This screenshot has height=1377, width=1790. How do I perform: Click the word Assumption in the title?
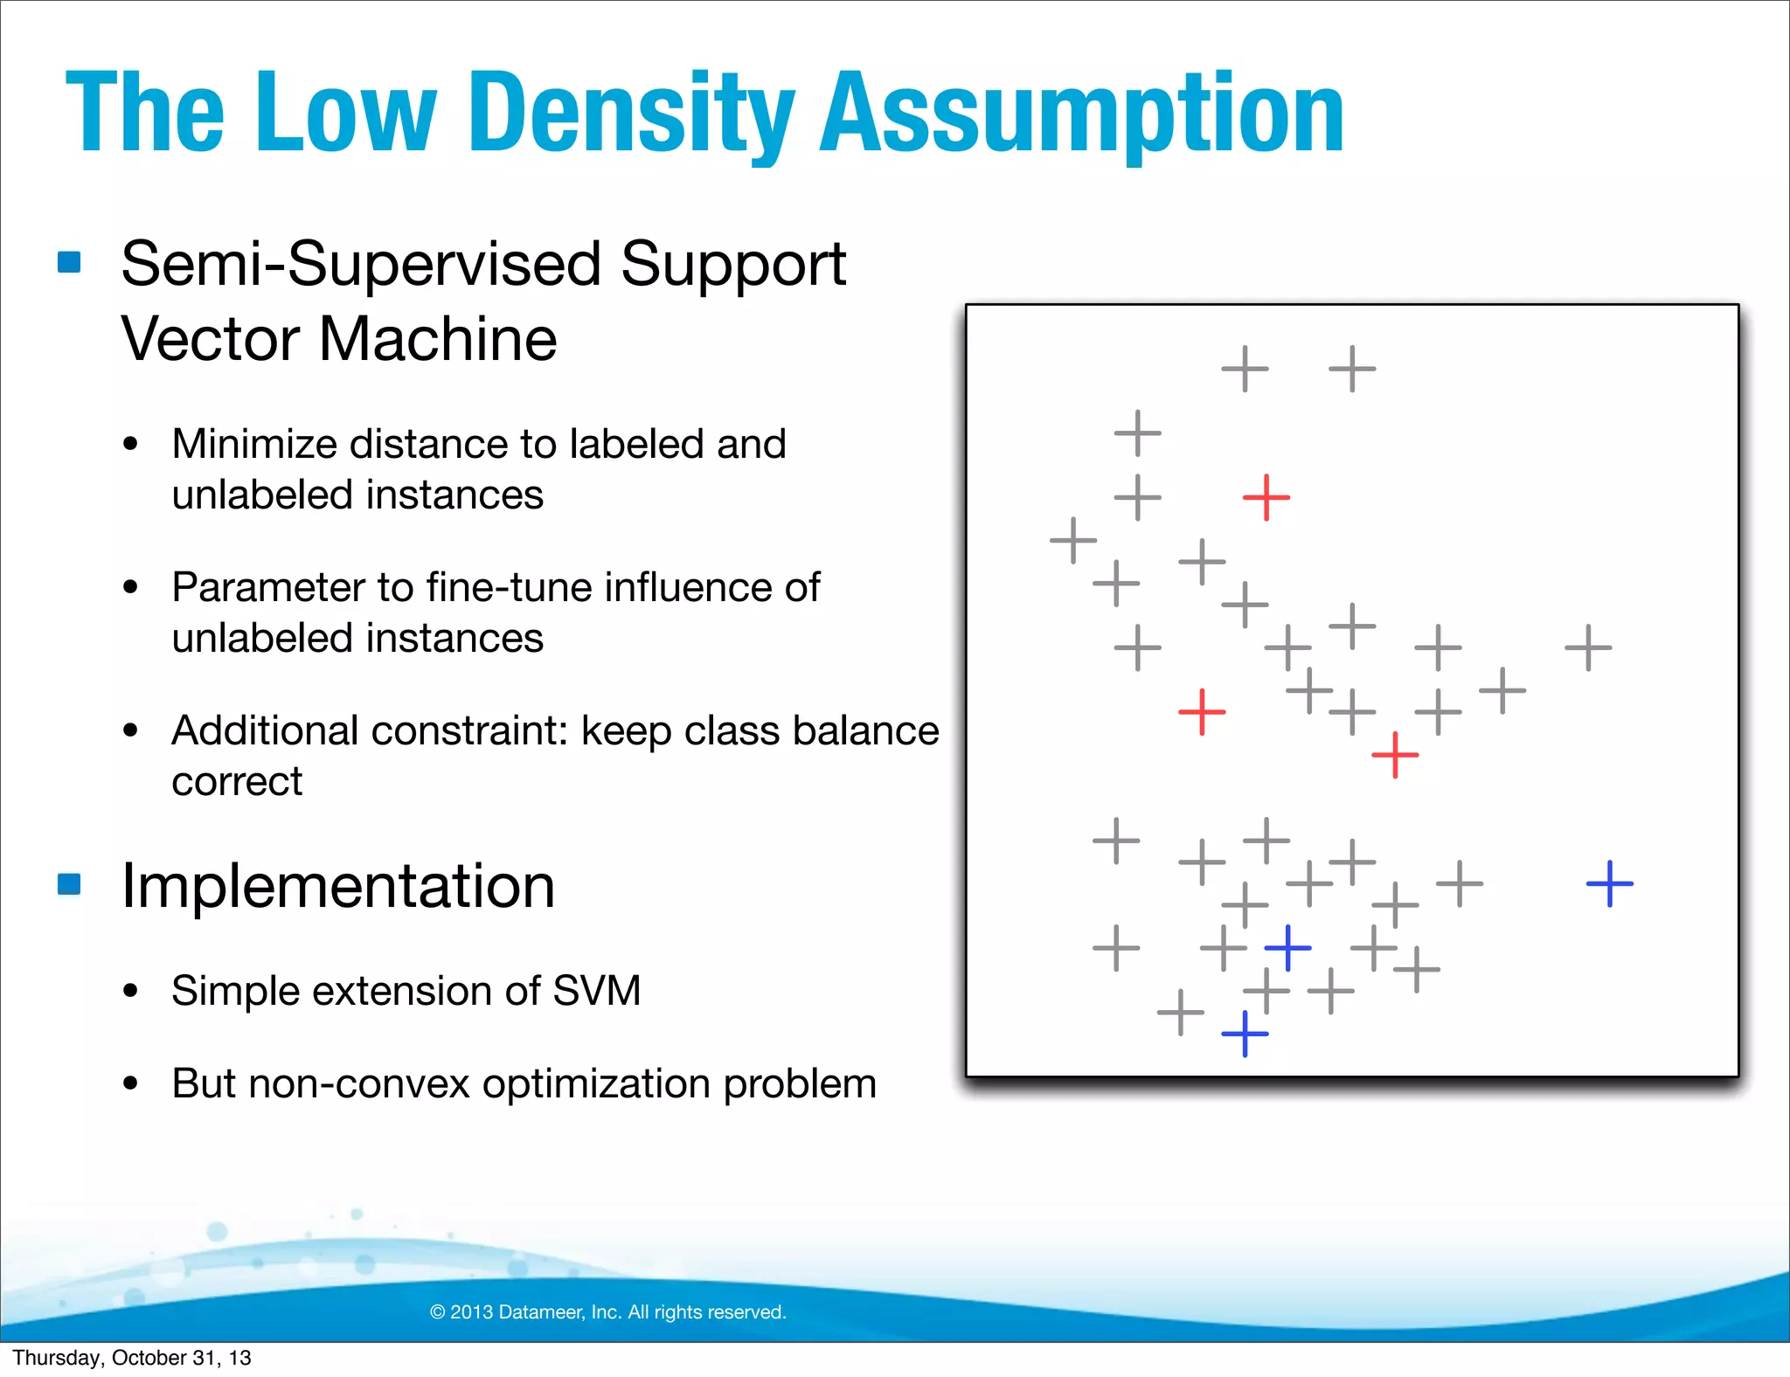pos(1081,114)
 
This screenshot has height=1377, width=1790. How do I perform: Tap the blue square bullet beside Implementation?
pos(69,884)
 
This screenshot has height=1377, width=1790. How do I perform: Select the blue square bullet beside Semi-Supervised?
pos(69,262)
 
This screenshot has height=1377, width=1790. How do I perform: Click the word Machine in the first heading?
pos(437,339)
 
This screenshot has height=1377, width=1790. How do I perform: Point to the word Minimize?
pos(253,444)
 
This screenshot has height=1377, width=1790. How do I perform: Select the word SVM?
pos(597,991)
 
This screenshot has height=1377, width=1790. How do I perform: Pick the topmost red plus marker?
pos(1266,498)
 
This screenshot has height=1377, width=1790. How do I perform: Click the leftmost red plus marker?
pos(1202,712)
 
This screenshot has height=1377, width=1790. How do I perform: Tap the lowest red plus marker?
pos(1395,755)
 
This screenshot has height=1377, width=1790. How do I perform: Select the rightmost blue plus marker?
pos(1609,884)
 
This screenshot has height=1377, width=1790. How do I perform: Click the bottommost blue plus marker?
pos(1245,1034)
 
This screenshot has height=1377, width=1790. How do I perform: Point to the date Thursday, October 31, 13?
pos(132,1358)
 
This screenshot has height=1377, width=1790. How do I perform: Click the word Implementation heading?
pos(338,886)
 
